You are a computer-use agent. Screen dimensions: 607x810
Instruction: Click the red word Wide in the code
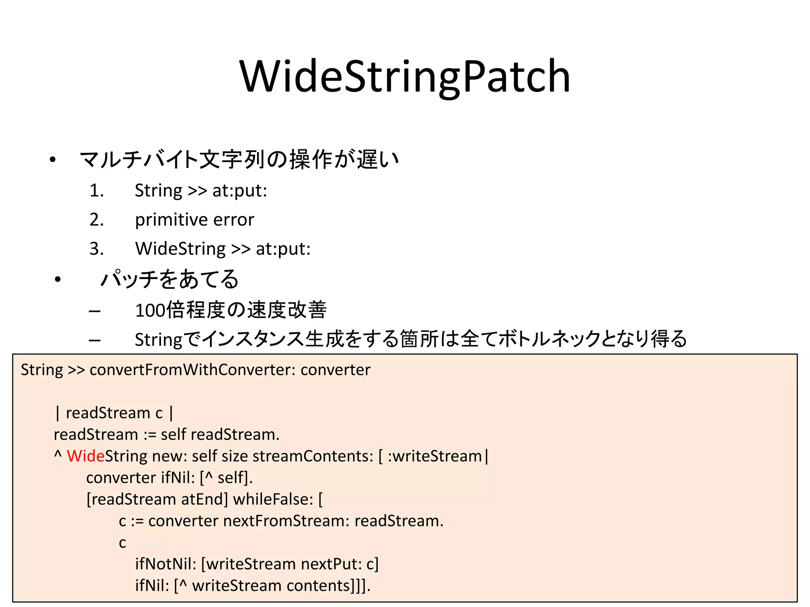[x=85, y=456]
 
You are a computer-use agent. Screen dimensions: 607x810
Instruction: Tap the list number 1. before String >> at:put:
[x=97, y=191]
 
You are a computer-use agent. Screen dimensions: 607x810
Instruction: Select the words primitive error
[x=194, y=220]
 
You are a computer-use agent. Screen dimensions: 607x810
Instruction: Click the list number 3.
[x=97, y=249]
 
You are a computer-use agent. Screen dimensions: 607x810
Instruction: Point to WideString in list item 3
[x=180, y=249]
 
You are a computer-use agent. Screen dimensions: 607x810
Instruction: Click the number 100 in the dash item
[x=150, y=310]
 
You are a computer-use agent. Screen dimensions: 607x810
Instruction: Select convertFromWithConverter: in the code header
[x=193, y=370]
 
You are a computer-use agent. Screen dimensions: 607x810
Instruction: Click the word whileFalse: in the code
[x=273, y=500]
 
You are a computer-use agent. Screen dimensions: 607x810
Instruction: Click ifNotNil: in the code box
[x=166, y=564]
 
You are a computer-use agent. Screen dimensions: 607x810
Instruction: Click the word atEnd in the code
[x=202, y=500]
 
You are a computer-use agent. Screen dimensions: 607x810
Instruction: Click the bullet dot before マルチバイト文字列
[x=53, y=160]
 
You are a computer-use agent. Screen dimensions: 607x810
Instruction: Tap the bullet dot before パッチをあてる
[x=58, y=279]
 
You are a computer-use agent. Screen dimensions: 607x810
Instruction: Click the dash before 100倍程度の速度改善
[x=95, y=311]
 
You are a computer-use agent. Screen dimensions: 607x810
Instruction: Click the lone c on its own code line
[x=122, y=543]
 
